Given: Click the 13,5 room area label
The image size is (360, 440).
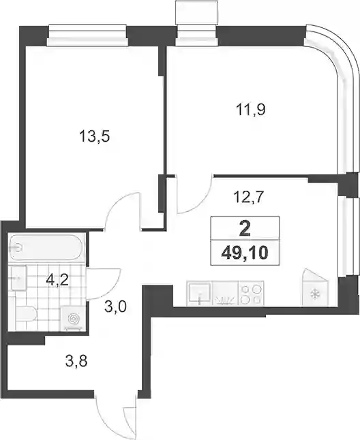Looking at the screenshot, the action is point(94,136).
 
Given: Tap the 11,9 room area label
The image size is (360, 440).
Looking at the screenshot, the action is point(251,109).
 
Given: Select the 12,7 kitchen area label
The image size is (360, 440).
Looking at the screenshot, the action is point(249,197).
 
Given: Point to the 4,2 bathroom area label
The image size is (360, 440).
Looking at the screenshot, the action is point(57,280).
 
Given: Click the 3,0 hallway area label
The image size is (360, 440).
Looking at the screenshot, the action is point(115,307).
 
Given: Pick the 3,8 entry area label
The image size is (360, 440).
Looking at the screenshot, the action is point(76,361).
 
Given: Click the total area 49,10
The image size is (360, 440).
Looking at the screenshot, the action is point(245,253).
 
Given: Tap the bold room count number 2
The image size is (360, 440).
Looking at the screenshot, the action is point(245,229).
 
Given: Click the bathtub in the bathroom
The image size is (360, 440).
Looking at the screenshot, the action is point(46,248).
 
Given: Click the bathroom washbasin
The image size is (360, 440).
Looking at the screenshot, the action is point(19,278).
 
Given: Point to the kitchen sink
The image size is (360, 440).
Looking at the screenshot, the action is point(200,293).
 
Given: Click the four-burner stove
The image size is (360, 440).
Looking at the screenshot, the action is point(251,294).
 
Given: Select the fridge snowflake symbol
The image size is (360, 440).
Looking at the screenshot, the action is point(315,294).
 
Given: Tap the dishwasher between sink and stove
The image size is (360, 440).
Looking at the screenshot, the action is point(225,294).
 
